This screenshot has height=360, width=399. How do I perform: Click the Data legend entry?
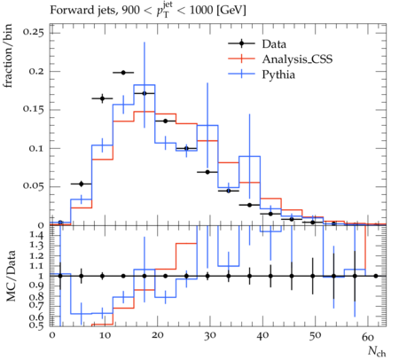tap(274, 44)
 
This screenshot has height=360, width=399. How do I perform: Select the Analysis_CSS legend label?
tap(297, 59)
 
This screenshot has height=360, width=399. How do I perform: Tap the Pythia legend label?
tap(278, 74)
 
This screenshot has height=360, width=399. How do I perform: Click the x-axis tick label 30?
tap(209, 336)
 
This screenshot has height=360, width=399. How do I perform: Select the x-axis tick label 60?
tap(368, 336)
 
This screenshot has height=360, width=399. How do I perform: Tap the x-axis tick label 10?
tap(105, 336)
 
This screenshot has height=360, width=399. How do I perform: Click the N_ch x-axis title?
tap(377, 351)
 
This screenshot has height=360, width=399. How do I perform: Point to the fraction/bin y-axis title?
tap(8, 56)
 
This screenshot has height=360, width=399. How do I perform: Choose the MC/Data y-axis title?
tap(11, 276)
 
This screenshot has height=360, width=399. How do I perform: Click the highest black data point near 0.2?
tap(123, 73)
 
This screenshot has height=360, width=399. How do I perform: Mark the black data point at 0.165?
tap(102, 98)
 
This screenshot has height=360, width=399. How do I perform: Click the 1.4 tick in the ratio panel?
tap(37, 236)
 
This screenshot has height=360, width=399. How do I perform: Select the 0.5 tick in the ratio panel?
tap(37, 325)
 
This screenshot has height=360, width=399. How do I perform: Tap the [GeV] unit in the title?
tap(231, 11)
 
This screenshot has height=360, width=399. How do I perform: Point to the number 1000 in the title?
tap(201, 10)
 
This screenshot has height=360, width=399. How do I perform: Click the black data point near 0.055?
tap(82, 184)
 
